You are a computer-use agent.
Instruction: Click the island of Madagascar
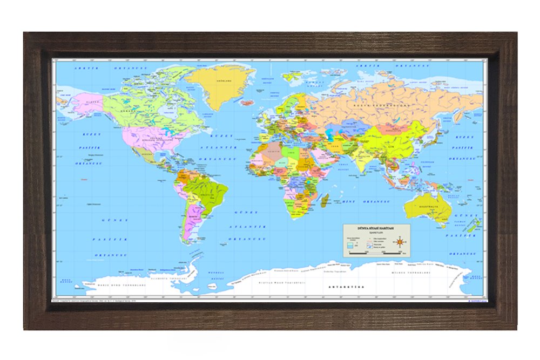(x=325, y=201)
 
